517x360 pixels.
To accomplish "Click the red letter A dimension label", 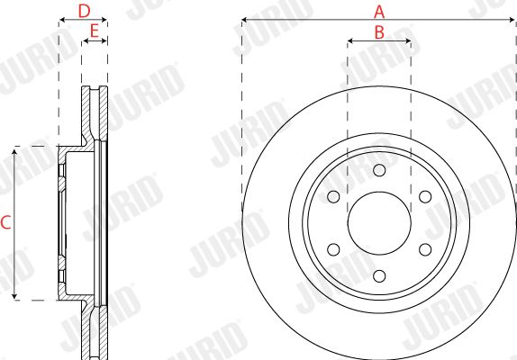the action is [379, 12].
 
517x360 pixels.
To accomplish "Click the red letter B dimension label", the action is [379, 32].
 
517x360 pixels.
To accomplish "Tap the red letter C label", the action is [5, 222].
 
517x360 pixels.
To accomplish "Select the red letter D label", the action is [84, 12].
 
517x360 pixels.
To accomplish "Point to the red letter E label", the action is [95, 31].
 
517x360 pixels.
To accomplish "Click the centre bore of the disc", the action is [379, 223].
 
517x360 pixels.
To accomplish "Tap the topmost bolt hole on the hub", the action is [379, 170].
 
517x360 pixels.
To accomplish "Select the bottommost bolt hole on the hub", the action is [379, 276].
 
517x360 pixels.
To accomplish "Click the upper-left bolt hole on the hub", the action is [333, 196].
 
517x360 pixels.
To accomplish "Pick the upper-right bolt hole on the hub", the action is [425, 196].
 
